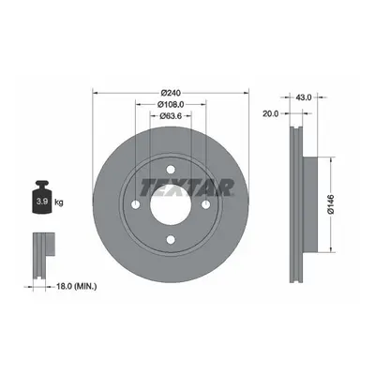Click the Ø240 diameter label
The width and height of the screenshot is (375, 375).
point(171,93)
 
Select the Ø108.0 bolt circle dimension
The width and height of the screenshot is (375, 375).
point(171,104)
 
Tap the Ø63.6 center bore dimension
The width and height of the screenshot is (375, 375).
point(171,116)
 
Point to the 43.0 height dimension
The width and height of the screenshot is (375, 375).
point(304,97)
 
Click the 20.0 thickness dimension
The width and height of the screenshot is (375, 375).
point(270,114)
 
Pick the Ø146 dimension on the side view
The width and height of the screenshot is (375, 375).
point(331,204)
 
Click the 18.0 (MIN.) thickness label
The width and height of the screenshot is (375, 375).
point(76,286)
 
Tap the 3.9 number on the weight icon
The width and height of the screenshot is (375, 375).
point(42,202)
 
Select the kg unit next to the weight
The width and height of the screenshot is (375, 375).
point(59,202)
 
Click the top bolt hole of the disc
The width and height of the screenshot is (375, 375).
point(171,170)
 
